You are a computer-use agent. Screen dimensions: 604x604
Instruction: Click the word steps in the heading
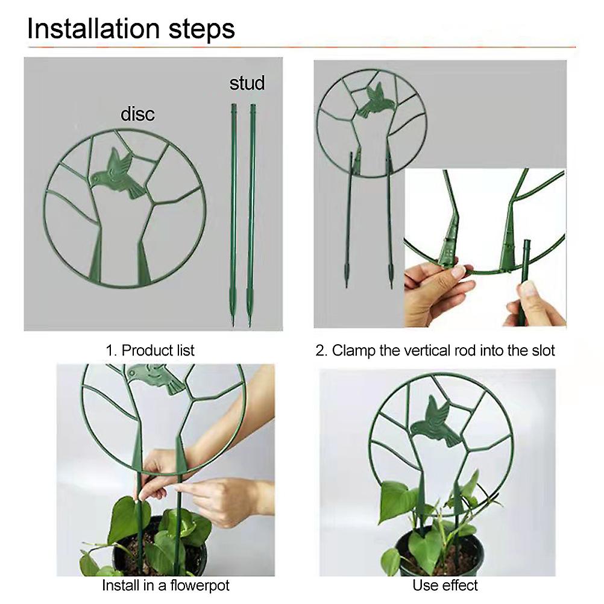click(202, 30)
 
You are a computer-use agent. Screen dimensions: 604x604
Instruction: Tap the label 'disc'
click(137, 114)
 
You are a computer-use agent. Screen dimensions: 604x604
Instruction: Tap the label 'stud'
click(247, 83)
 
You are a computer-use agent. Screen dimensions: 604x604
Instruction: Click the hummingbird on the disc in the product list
click(118, 174)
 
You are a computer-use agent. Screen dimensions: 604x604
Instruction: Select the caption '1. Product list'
click(150, 351)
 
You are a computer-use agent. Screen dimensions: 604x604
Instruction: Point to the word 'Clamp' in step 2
click(354, 351)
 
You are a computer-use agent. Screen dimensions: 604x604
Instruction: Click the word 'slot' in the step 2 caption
click(542, 351)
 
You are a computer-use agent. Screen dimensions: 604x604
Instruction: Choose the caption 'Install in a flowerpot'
click(166, 585)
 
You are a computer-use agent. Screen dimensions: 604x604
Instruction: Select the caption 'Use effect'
click(445, 585)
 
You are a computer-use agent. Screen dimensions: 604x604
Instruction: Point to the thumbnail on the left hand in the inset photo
click(458, 272)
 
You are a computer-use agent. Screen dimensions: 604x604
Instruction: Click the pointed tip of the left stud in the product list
click(233, 323)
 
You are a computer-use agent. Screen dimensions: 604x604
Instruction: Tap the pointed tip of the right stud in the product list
click(250, 323)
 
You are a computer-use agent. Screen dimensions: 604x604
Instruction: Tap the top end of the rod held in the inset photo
click(527, 241)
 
